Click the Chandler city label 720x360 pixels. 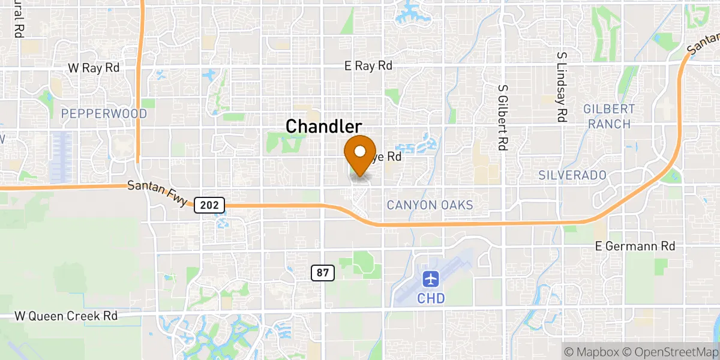(x=324, y=127)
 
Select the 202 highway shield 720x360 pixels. (x=209, y=205)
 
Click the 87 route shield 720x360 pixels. (x=322, y=273)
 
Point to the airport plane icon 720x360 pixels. (x=430, y=279)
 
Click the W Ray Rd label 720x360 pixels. (x=94, y=68)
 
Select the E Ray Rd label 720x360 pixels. (x=369, y=66)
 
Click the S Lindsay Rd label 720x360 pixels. (x=562, y=87)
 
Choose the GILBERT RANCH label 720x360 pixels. (x=610, y=116)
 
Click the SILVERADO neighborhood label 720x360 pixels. (x=572, y=175)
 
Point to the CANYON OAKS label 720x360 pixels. (x=430, y=205)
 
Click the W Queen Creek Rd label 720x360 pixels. (x=66, y=316)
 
